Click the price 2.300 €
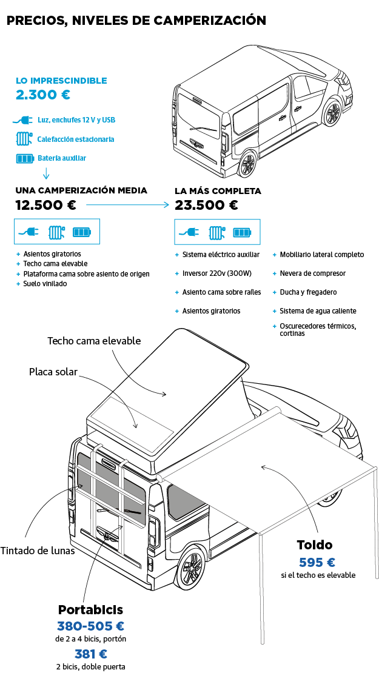coord(42,95)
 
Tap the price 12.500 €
coord(45,205)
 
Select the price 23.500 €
coord(206,205)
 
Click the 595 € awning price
coord(317,562)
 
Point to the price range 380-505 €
coord(90,626)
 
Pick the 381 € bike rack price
coord(90,654)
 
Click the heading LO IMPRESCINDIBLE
coord(61,81)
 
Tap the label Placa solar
coord(53,372)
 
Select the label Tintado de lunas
coord(38,551)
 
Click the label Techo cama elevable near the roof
coord(94,341)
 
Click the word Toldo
coord(314,545)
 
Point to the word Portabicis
coord(90,609)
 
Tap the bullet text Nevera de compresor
coord(312,273)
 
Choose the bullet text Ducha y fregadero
coord(308,292)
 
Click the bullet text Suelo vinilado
coord(45,283)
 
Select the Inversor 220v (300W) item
coord(216,273)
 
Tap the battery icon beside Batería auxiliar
coord(25,158)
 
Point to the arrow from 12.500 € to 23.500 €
coord(127,206)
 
